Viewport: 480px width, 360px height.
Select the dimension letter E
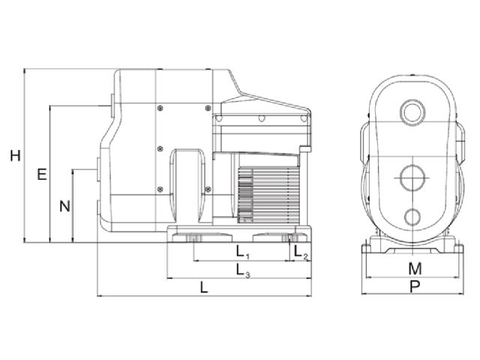(x=42, y=175)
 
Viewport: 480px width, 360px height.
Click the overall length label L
(x=204, y=286)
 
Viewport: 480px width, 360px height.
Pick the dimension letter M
(x=415, y=268)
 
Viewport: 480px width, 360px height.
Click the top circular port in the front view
(x=413, y=112)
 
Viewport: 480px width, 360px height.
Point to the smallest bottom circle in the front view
(x=413, y=218)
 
